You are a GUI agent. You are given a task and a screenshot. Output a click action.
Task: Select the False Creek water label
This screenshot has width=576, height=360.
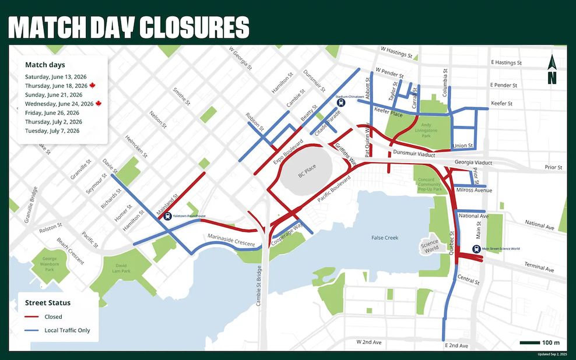[x=385, y=238]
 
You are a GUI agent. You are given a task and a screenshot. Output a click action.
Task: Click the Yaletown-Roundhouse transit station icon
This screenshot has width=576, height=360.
[x=167, y=216]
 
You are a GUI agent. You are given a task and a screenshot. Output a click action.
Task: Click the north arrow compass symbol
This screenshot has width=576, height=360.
[x=552, y=69]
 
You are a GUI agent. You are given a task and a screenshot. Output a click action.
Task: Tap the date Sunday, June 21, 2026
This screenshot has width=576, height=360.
[x=54, y=94]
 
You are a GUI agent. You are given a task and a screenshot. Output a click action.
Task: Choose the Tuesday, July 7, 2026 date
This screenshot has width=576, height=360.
[x=52, y=131]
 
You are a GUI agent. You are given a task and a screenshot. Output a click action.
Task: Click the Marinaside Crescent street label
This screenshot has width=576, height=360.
[x=231, y=239]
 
